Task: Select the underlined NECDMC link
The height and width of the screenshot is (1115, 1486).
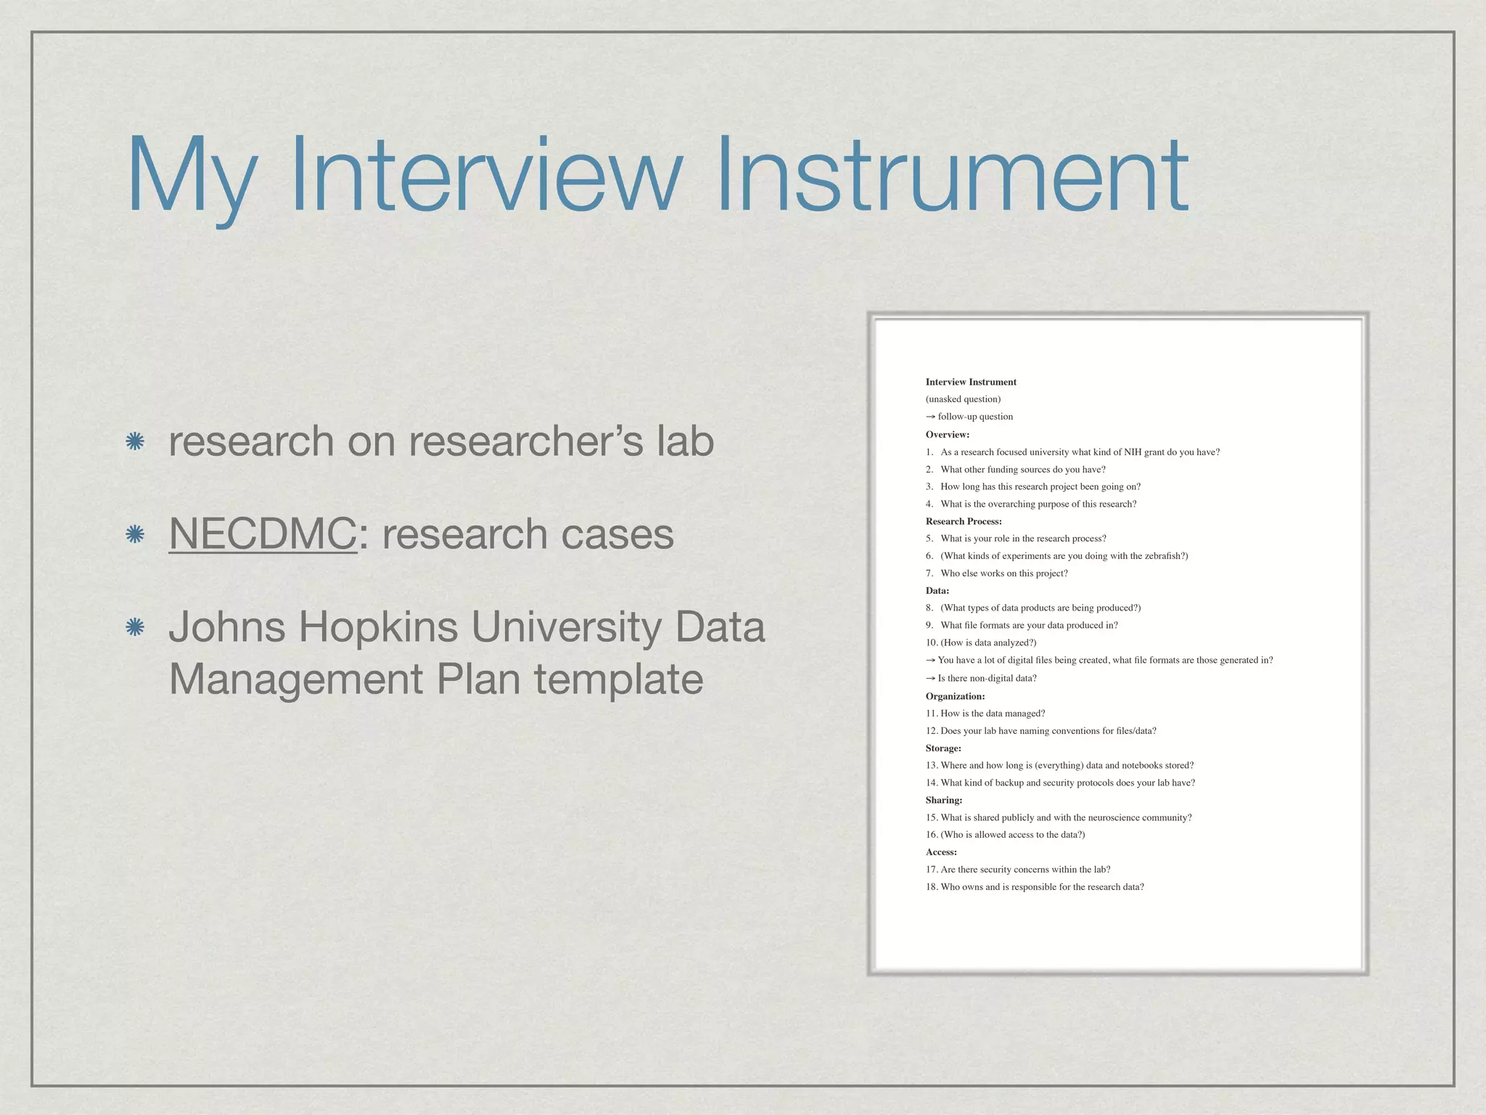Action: click(x=263, y=534)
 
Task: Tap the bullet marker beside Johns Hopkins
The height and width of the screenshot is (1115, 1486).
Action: click(x=134, y=627)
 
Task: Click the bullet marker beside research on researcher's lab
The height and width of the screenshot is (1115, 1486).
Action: click(x=134, y=441)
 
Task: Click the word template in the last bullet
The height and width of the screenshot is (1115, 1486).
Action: click(x=619, y=679)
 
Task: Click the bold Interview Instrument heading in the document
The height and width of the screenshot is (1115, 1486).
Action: click(x=971, y=382)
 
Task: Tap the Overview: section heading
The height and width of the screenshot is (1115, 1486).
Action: click(x=948, y=435)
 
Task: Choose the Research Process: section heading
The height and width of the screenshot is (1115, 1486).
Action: click(x=964, y=521)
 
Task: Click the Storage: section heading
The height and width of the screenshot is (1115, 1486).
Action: click(x=943, y=748)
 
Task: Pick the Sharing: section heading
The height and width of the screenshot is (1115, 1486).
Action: click(x=944, y=800)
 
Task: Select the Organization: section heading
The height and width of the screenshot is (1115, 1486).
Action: click(x=955, y=696)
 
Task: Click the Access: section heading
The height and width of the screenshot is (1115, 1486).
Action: click(x=941, y=852)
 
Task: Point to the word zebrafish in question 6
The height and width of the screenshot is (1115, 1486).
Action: click(x=1165, y=556)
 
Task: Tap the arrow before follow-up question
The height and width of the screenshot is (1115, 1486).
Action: click(x=930, y=417)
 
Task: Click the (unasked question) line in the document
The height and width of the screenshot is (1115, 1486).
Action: click(x=963, y=399)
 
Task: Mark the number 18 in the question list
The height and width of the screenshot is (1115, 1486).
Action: click(x=931, y=887)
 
